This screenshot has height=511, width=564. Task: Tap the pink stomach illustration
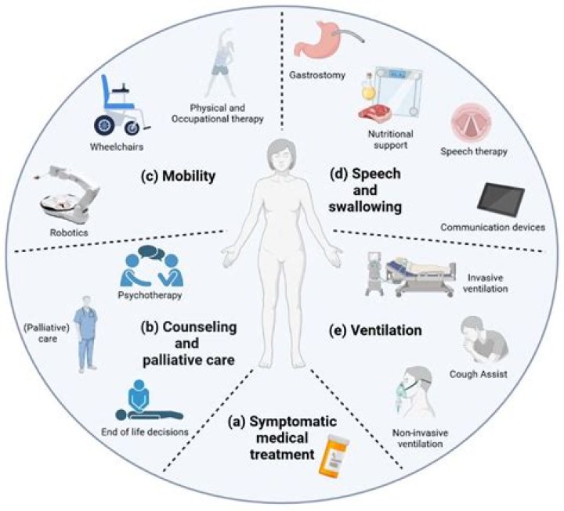pyautogui.click(x=316, y=40)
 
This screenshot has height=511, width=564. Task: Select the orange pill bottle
pyautogui.click(x=333, y=455)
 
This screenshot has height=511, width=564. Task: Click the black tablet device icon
pyautogui.click(x=501, y=200)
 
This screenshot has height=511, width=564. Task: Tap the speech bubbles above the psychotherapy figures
pyautogui.click(x=150, y=254)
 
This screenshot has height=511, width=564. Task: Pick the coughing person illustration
pyautogui.click(x=484, y=340)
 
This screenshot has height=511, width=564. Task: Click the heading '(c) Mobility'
pyautogui.click(x=179, y=176)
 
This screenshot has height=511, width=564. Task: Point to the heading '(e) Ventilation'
pyautogui.click(x=375, y=330)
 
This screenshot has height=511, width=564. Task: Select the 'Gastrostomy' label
pyautogui.click(x=317, y=75)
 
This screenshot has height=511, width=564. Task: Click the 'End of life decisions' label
pyautogui.click(x=145, y=432)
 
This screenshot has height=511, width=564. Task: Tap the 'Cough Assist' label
pyautogui.click(x=479, y=374)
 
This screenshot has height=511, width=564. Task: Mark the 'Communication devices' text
pyautogui.click(x=493, y=228)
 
